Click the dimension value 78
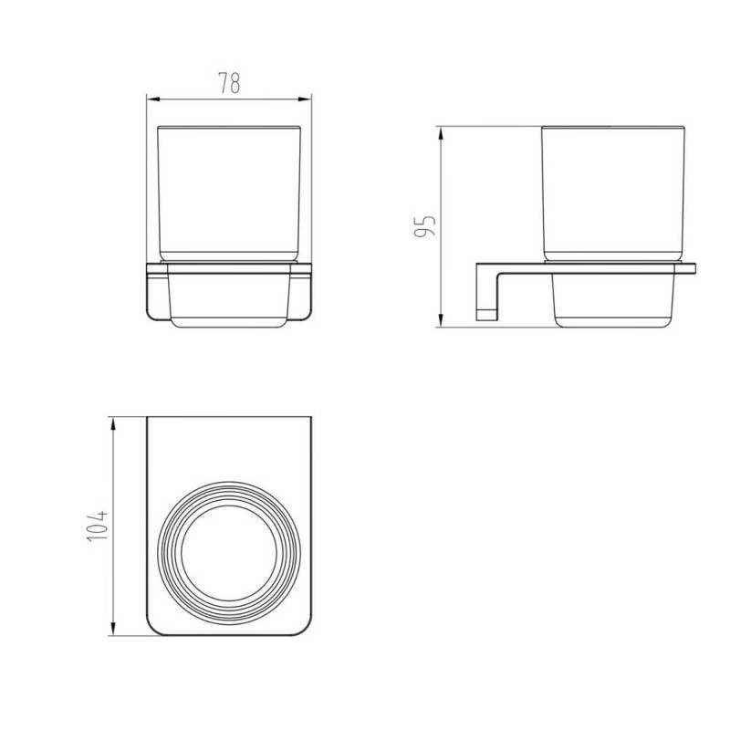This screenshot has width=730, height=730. pos(230,83)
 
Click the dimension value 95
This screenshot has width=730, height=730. pos(425,225)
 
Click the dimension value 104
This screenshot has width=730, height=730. pos(98,527)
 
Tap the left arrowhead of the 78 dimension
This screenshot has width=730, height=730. pos(153,99)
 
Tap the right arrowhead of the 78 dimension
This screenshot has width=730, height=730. pos(306,99)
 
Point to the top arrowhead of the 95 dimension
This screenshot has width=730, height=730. pos(441,132)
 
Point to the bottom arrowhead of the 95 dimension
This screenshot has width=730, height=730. pos(441,320)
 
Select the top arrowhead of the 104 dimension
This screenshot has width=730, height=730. pos(112,423)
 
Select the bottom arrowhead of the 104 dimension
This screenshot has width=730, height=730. pos(112,629)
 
